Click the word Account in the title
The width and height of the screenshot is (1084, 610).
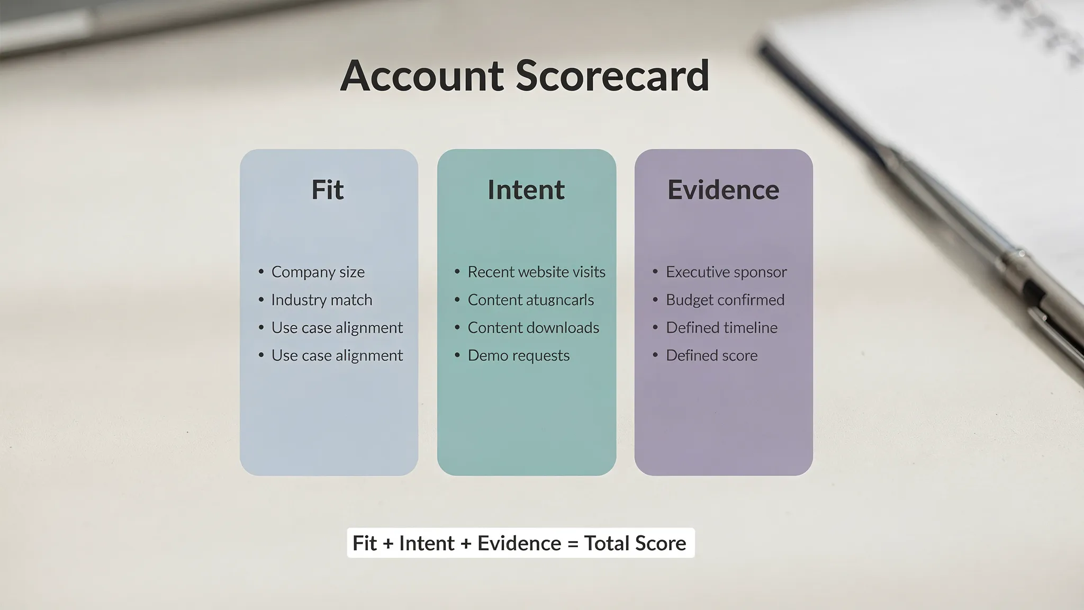pos(421,76)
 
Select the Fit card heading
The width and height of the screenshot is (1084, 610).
pos(328,190)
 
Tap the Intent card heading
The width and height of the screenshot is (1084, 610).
pos(526,190)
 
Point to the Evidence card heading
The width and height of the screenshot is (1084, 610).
pos(723,190)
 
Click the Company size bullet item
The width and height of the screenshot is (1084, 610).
pos(318,272)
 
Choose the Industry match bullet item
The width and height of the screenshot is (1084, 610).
pos(321,300)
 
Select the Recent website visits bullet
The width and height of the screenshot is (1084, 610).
pos(536,272)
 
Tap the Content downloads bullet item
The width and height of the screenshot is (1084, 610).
pos(533,328)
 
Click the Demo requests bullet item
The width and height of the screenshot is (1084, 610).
pos(518,355)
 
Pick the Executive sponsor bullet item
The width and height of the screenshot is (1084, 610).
pos(726,272)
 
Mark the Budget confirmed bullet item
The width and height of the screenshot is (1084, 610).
pos(725,300)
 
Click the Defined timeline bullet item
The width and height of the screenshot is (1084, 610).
pos(721,328)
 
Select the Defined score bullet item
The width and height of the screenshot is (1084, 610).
pos(711,355)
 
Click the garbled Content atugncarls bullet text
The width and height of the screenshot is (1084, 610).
pos(530,300)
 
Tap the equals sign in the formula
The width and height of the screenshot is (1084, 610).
pos(572,544)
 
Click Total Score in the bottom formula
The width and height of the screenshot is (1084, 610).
pos(635,543)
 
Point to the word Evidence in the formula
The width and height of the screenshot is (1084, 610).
pos(519,543)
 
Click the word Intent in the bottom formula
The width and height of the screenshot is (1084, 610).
pos(427,543)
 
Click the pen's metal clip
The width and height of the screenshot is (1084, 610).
pos(1053,339)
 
